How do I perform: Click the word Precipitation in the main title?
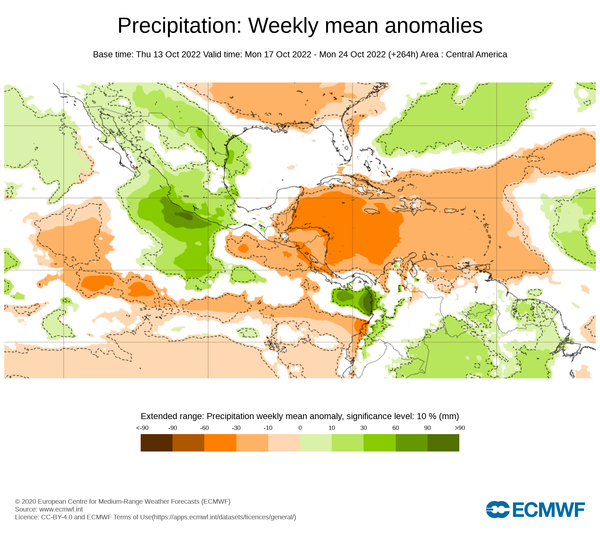click(179, 26)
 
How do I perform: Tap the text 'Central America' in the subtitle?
click(476, 55)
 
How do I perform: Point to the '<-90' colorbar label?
click(142, 428)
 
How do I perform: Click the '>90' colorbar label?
click(460, 428)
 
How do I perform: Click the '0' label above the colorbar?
click(300, 428)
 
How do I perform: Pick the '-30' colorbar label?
click(236, 428)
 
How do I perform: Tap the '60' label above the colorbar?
click(396, 428)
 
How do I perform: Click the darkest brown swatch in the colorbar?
click(157, 443)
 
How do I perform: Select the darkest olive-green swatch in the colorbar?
click(443, 443)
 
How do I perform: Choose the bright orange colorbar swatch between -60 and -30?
click(220, 443)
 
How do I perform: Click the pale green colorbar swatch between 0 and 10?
click(316, 443)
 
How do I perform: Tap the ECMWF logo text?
click(548, 510)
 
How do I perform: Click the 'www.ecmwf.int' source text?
click(61, 509)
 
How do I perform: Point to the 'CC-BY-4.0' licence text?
click(57, 517)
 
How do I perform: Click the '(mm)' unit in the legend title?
click(449, 416)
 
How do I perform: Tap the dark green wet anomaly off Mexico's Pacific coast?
click(183, 215)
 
